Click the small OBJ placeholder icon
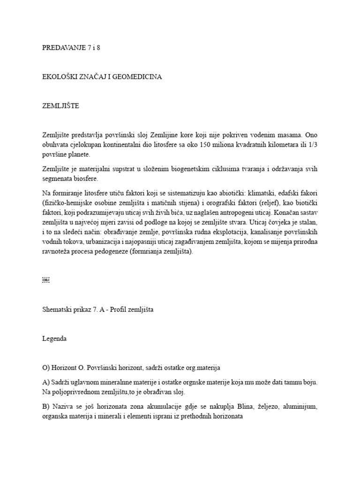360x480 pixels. (x=45, y=280)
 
